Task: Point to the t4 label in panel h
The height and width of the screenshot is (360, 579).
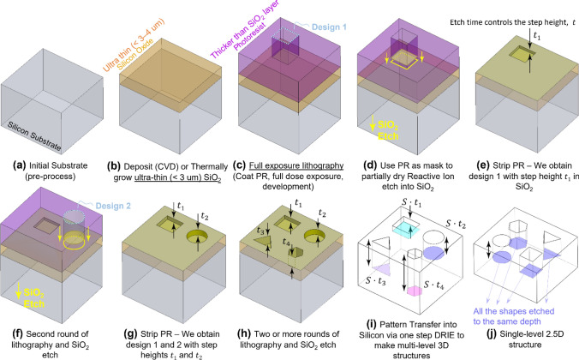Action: click(289, 242)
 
